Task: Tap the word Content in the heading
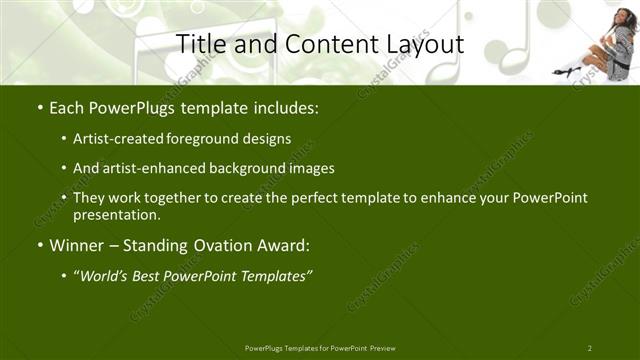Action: click(318, 44)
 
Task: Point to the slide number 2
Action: click(590, 347)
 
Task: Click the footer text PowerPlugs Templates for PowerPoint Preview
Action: click(320, 347)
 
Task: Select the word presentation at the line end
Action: click(115, 214)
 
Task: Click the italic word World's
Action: click(108, 276)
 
